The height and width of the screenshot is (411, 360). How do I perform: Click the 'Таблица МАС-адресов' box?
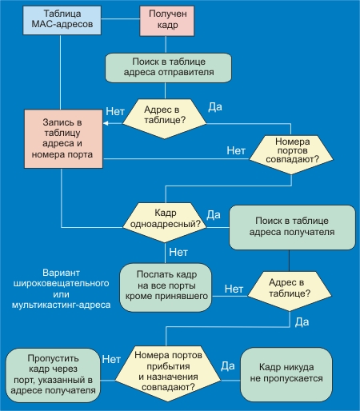pyautogui.click(x=62, y=20)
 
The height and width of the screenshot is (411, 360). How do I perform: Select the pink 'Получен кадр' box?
pyautogui.click(x=167, y=21)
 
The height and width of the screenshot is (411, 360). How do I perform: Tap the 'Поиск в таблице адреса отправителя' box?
pyautogui.click(x=168, y=68)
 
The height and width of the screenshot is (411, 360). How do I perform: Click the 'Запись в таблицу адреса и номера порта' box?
pyautogui.click(x=63, y=138)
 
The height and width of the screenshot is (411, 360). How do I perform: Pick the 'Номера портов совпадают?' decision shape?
pyautogui.click(x=291, y=154)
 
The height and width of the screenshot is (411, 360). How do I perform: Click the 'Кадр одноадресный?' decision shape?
pyautogui.click(x=165, y=222)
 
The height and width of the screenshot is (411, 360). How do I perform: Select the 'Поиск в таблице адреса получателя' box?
pyautogui.click(x=292, y=227)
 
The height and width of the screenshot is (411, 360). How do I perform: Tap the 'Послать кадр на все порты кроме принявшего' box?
pyautogui.click(x=166, y=287)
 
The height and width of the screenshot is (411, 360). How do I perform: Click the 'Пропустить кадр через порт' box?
pyautogui.click(x=53, y=375)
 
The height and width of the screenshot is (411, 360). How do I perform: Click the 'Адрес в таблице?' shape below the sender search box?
pyautogui.click(x=164, y=119)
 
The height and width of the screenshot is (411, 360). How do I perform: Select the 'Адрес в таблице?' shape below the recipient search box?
pyautogui.click(x=290, y=291)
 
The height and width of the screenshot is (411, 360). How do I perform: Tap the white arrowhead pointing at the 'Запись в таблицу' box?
pyautogui.click(x=106, y=123)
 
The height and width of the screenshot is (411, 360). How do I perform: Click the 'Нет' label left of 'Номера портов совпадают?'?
pyautogui.click(x=236, y=150)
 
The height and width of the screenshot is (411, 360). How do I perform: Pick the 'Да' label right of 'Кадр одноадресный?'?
pyautogui.click(x=214, y=214)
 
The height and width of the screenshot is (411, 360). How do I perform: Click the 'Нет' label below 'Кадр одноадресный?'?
pyautogui.click(x=178, y=252)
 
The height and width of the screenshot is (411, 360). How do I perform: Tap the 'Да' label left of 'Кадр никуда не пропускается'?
pyautogui.click(x=228, y=366)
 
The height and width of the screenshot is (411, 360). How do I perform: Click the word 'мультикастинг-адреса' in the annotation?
pyautogui.click(x=61, y=305)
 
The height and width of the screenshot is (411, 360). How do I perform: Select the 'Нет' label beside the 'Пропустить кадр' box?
pyautogui.click(x=111, y=359)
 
